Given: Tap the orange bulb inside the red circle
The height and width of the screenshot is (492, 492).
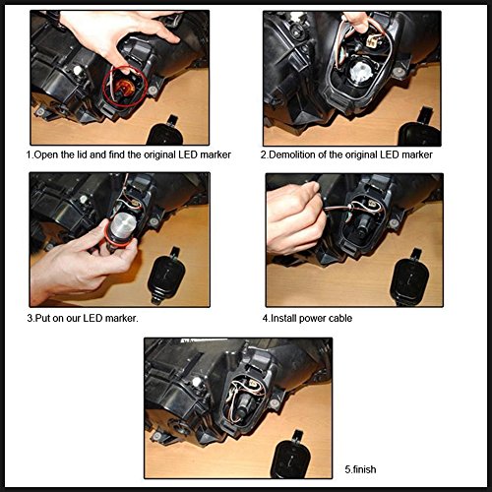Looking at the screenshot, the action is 122,87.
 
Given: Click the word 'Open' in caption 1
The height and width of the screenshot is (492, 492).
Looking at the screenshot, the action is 45,154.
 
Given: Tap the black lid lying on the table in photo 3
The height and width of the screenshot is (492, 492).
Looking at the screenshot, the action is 165,276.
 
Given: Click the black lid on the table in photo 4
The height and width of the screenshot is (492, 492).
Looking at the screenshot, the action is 408,278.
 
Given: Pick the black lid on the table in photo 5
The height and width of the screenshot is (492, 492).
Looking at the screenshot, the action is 291,455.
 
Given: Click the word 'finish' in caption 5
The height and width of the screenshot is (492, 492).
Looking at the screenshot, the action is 364,469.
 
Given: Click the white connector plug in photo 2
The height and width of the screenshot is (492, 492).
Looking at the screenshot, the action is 373,41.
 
